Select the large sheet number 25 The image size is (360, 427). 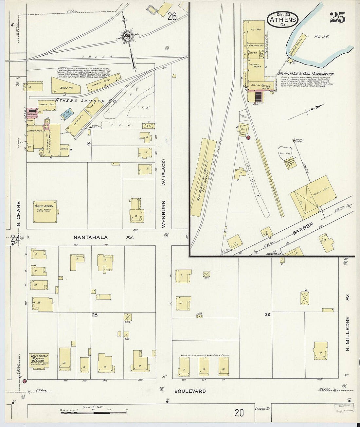(337, 18)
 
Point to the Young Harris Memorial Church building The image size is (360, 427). (39, 361)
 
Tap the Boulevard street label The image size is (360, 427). (190, 391)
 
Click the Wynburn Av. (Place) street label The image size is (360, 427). (163, 193)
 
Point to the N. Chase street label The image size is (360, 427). (18, 214)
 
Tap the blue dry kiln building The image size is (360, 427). (67, 114)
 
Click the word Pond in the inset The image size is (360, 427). (321, 36)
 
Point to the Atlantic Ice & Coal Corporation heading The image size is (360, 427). (306, 74)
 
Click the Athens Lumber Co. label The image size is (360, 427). (86, 101)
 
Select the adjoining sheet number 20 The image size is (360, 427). (239, 413)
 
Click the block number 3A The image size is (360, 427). (267, 314)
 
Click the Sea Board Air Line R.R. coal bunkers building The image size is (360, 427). (203, 177)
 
